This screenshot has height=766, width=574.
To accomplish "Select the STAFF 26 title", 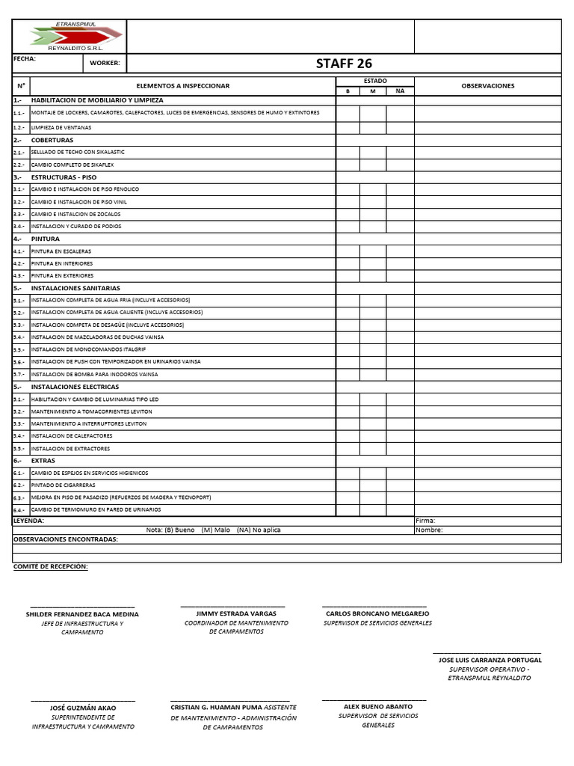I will coord(344,64).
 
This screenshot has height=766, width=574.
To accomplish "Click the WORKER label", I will coord(105,64).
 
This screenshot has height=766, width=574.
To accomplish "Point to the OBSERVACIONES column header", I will coord(487,86).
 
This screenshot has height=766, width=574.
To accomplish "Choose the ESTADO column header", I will coord(374,81).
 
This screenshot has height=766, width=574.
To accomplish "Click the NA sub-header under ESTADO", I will coord(400,91).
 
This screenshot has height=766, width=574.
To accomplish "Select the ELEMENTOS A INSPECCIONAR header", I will coord(182,86).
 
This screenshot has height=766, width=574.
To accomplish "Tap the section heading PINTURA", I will coord(46,239).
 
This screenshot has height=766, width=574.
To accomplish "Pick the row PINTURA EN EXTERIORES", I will coord(62,275).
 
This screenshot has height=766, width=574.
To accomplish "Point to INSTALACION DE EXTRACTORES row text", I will coord(71,449).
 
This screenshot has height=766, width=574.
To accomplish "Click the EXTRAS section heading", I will coord(43,461).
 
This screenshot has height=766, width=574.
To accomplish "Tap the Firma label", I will coord(425,521).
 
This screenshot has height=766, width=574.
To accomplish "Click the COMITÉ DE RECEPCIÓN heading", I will coord(50,566).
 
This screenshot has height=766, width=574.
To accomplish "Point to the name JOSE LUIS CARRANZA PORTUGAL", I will coord(490,660).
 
